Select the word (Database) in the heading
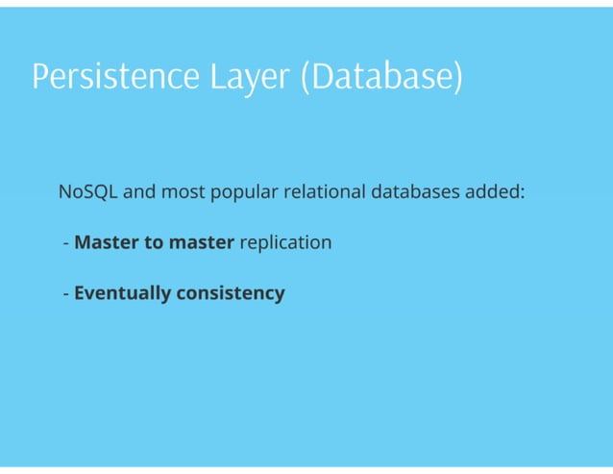(381, 77)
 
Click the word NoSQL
(88, 191)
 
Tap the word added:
(495, 191)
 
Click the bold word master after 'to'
(202, 242)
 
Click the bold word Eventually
(122, 293)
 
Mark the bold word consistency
(231, 293)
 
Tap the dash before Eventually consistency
(65, 293)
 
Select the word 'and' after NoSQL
(139, 191)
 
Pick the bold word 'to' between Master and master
(154, 242)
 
